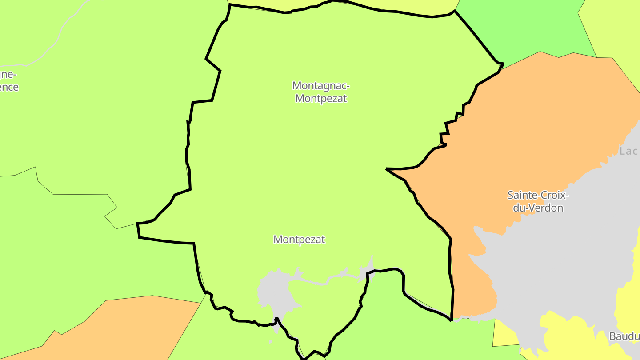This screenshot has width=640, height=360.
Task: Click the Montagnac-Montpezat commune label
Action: point(320,92)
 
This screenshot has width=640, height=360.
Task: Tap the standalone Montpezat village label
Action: point(299,240)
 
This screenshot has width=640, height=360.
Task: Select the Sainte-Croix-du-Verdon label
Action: point(538,201)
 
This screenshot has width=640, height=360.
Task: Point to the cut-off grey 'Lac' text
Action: point(628,151)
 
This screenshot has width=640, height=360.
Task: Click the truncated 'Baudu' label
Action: point(624,336)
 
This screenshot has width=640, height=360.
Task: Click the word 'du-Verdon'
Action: point(538,208)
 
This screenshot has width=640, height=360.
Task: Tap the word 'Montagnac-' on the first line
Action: point(320,85)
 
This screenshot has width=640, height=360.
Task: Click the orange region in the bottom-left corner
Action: point(111,329)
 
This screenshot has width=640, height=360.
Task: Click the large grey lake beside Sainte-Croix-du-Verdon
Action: point(556,267)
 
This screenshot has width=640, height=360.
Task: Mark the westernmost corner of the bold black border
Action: point(137,223)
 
